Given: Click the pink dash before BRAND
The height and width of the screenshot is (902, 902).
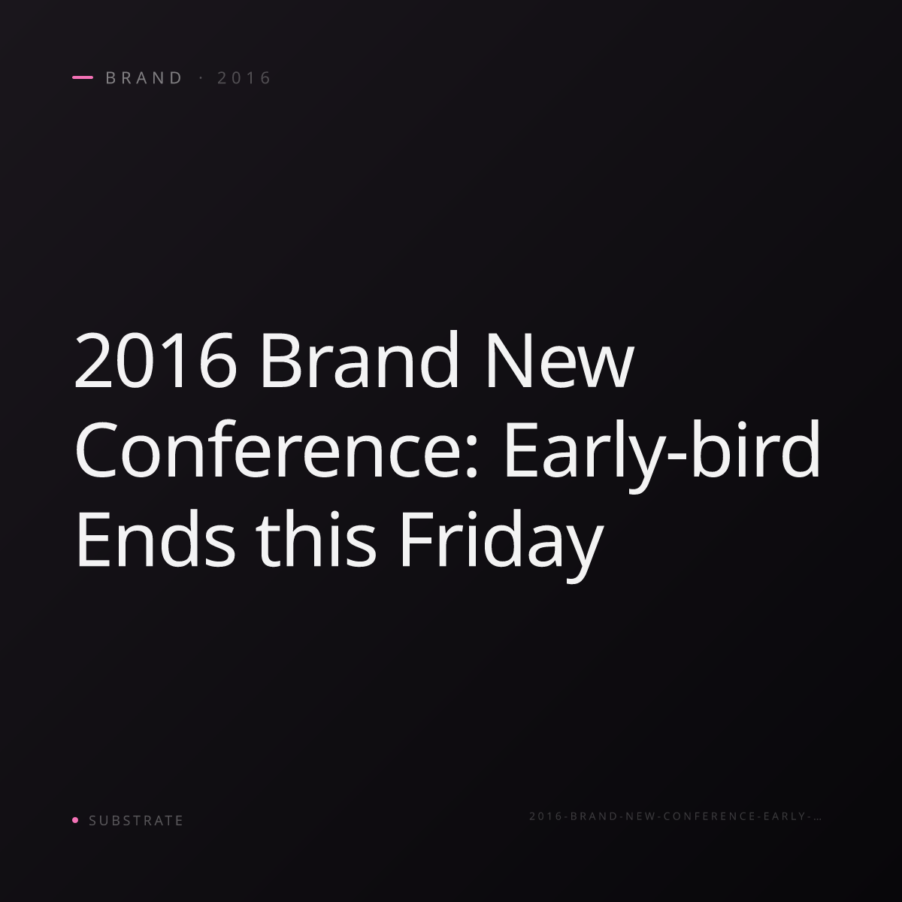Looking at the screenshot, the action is pos(83,77).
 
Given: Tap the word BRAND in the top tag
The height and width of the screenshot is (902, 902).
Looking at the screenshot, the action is pos(144,77).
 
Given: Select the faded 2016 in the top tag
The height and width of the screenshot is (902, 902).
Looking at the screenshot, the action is pos(244,77).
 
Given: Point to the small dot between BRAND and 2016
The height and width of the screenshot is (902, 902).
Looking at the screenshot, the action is pos(201,78).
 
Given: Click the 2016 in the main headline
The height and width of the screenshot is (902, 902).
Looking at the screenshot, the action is pos(156,360).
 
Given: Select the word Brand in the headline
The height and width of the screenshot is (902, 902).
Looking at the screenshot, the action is pos(359,358).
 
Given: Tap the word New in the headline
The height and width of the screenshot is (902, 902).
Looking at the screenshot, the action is pos(560,360).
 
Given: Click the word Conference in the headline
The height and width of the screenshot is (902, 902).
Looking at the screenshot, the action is pos(270,448).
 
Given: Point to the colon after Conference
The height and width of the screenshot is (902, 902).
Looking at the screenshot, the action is pos(471,460).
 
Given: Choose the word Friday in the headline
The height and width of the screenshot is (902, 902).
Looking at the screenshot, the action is pos(501,545).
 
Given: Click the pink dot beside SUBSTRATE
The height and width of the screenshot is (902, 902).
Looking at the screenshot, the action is pos(75,819).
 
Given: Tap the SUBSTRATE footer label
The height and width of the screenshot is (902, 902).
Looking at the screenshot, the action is pos(136,821).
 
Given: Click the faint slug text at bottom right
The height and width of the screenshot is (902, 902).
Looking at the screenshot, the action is pos(675,816).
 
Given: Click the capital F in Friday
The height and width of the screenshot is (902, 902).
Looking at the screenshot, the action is pos(417,539).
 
